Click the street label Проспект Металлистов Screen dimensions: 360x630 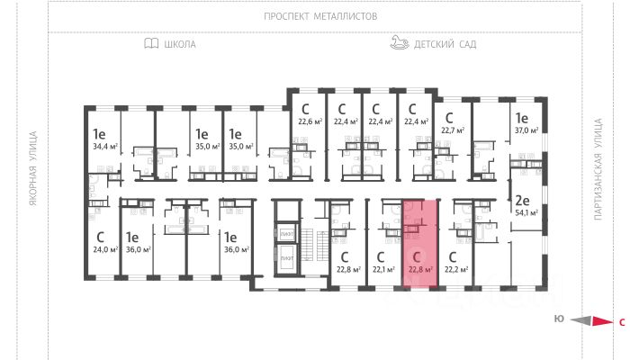tap(320, 16)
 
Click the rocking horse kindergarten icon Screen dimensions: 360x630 tap(400, 42)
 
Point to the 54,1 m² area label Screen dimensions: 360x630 tap(525, 213)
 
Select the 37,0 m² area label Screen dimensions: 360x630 tap(525, 130)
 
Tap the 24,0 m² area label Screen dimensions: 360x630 tap(103, 249)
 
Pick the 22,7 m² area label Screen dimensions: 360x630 tap(453, 130)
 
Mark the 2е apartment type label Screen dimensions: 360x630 tap(521, 200)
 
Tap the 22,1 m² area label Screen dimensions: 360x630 tap(384, 268)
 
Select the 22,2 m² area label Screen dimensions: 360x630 tap(458, 268)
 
